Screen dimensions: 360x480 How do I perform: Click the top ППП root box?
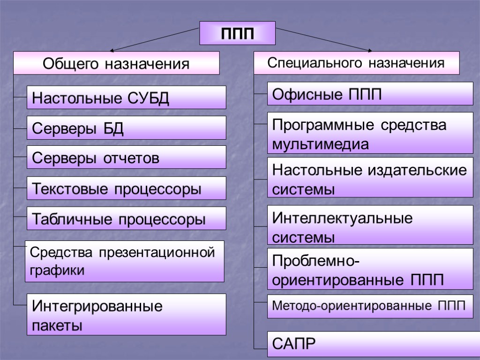(238, 33)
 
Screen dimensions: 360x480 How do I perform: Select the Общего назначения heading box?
(116, 63)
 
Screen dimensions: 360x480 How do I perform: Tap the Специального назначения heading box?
(356, 63)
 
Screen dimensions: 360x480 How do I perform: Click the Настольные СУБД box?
(126, 97)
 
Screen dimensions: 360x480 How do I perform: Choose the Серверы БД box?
(126, 127)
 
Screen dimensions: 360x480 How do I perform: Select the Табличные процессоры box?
(126, 218)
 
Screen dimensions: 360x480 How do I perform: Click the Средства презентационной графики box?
(124, 261)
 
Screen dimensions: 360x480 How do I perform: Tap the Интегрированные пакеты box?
(126, 315)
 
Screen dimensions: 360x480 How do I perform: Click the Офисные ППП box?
(370, 94)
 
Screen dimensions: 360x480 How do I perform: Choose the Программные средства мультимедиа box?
(370, 133)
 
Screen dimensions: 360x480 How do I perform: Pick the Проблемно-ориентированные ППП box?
(370, 269)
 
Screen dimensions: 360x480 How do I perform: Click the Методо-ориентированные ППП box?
(370, 307)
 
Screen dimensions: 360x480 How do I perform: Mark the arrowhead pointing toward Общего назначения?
(112, 49)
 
